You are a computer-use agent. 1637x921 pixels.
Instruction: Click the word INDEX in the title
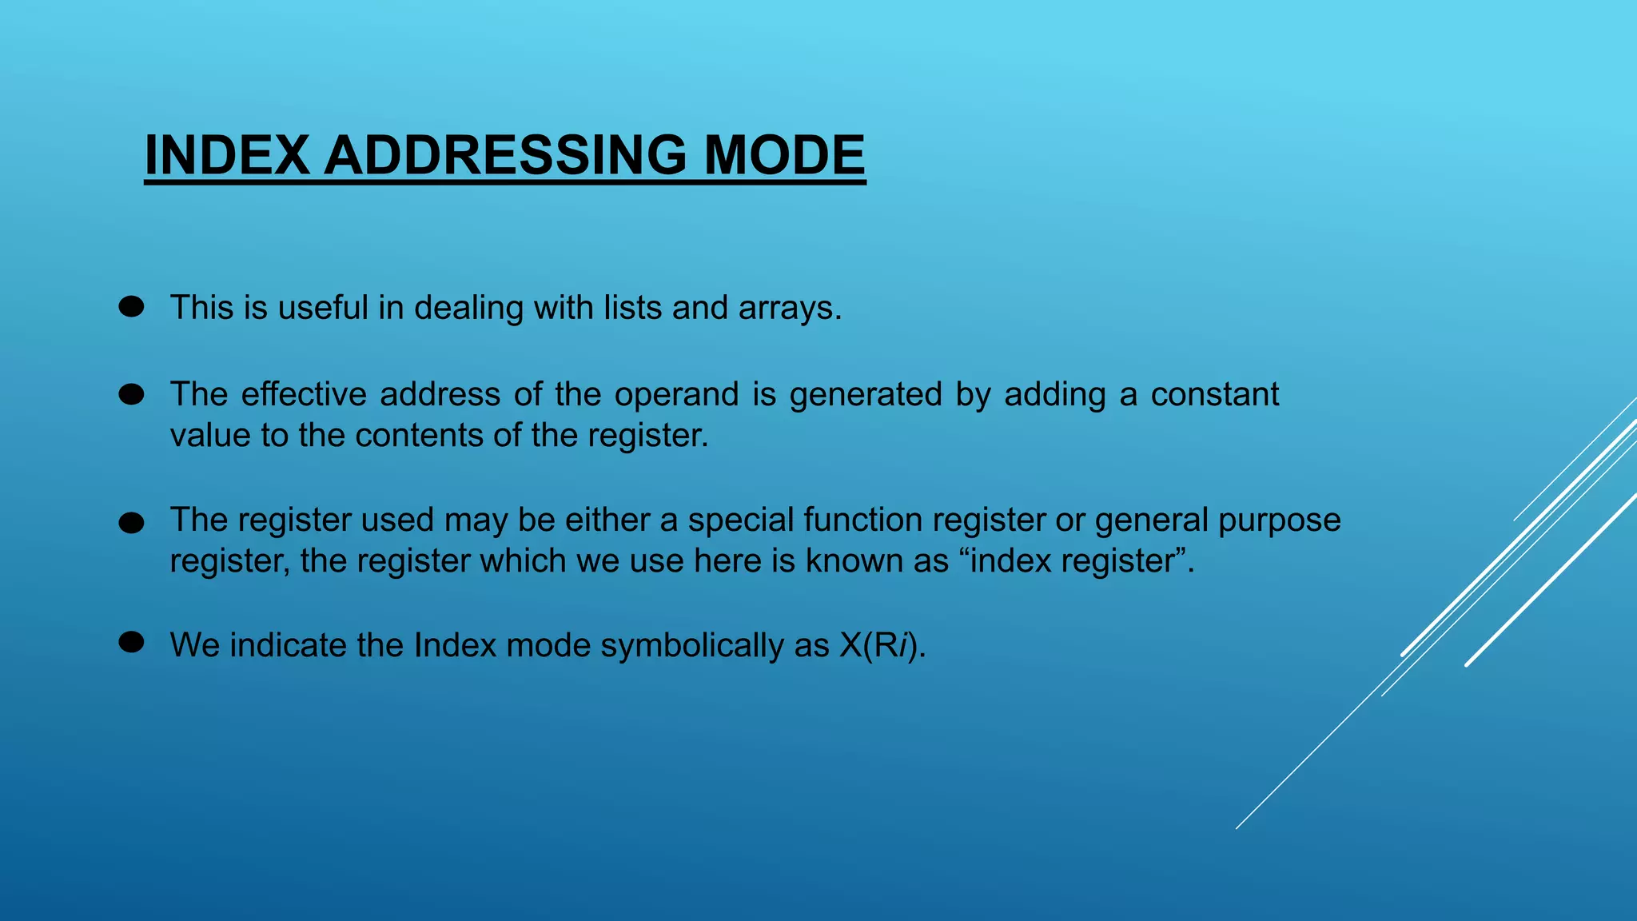[x=227, y=155]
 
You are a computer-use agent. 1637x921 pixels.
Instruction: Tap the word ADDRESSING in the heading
[x=504, y=155]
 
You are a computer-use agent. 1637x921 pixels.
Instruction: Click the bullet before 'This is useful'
[x=131, y=307]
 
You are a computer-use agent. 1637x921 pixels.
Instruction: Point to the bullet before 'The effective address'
[x=131, y=394]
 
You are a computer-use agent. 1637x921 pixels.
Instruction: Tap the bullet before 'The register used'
[x=131, y=524]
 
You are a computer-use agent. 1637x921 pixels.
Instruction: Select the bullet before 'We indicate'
[x=131, y=642]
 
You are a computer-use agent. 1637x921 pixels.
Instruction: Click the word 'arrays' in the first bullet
[x=787, y=309]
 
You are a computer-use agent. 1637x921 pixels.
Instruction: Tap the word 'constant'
[x=1214, y=395]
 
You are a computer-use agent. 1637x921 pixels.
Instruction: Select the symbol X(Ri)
[x=882, y=646]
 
